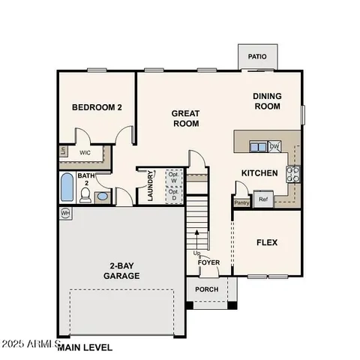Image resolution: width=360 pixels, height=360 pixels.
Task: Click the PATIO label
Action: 257,56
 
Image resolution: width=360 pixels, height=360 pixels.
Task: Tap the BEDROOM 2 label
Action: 97,107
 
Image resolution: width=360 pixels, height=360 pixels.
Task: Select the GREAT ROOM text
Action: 185,118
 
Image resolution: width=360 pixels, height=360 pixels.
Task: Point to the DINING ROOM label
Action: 266,101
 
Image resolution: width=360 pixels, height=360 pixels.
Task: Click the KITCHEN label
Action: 259,173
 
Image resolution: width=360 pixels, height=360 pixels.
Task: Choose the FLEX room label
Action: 267,243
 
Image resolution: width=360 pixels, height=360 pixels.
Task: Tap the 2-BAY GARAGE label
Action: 121,270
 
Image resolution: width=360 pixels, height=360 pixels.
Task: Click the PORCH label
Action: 207,289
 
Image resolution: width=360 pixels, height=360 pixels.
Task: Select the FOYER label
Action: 208,262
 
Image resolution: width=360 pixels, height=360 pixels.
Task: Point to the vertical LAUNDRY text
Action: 151,185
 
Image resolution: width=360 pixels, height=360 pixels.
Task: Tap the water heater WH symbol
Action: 65,214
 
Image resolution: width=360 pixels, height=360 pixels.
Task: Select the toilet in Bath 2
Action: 85,195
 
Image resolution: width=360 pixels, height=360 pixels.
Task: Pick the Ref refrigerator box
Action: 262,199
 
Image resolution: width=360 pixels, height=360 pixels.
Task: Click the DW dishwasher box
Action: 274,146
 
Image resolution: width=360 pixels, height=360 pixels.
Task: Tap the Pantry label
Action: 241,202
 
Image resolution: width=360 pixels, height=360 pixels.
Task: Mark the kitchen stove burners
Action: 292,174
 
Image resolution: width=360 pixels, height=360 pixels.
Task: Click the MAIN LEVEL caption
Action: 85,347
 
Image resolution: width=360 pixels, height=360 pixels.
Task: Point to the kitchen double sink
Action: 257,147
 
